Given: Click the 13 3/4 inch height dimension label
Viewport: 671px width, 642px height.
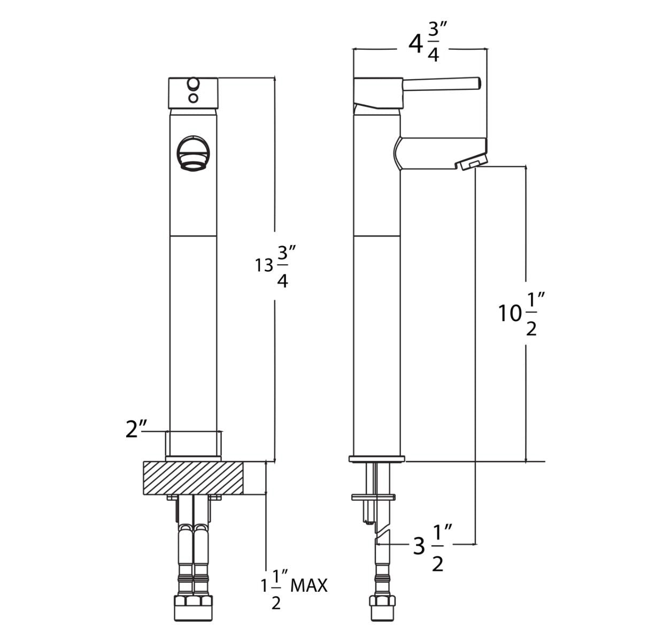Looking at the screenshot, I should (x=275, y=266).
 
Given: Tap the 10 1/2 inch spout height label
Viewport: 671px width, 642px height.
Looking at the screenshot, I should (x=518, y=314).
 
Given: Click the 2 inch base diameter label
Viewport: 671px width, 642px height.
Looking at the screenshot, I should (x=136, y=429).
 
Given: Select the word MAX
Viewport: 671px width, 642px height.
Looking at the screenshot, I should (x=308, y=586).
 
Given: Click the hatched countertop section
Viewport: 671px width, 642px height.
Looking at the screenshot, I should (x=194, y=478).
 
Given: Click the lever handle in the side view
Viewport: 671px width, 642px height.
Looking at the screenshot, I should (x=442, y=83).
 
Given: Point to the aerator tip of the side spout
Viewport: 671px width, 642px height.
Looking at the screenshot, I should (x=473, y=162).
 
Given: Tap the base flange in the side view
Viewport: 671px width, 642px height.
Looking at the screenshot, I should (x=376, y=458).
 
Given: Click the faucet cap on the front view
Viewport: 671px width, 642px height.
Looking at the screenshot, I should (x=193, y=93).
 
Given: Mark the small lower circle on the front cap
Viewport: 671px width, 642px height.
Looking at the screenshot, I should (x=194, y=98).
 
